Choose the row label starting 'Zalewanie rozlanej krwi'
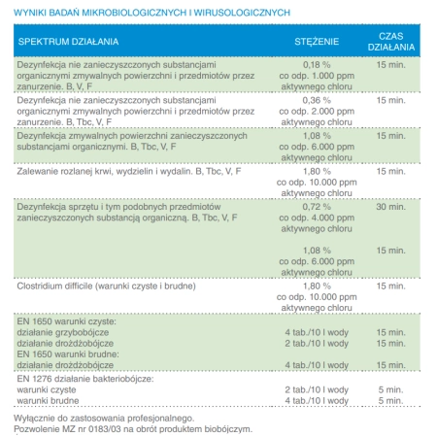127,171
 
